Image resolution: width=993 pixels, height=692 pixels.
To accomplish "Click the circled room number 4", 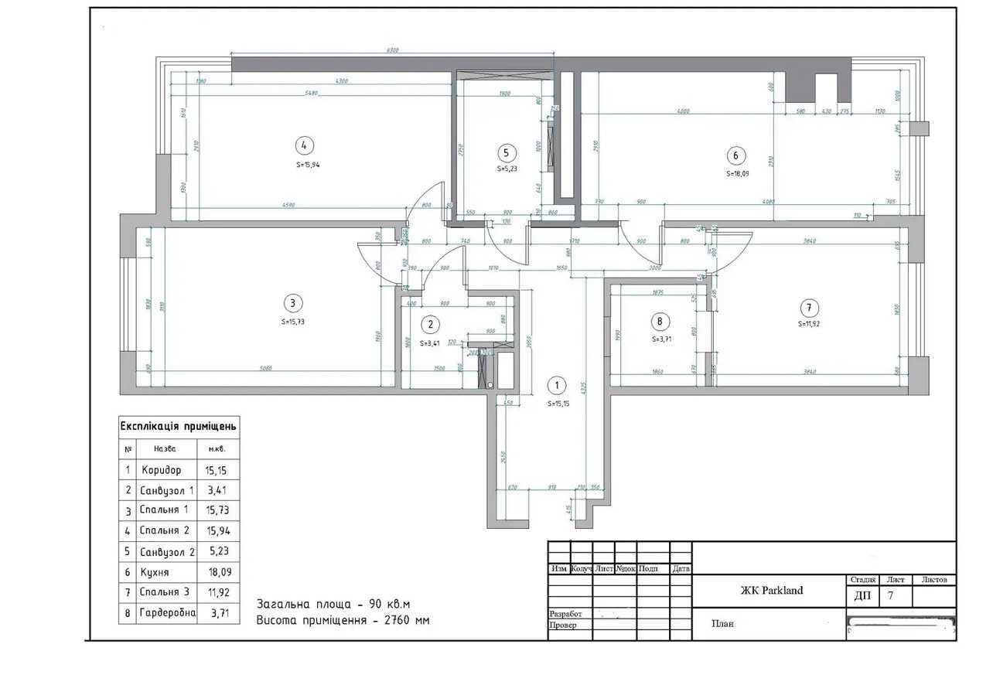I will coord(304,145).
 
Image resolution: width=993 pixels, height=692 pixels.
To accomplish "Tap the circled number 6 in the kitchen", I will coord(735,155).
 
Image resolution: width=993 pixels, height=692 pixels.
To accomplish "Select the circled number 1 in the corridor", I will coord(555,385).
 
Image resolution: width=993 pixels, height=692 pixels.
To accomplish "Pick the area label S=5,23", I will coord(507,169).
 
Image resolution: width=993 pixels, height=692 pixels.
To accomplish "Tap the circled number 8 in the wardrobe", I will coord(659,321).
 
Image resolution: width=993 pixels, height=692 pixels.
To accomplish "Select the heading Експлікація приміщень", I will coord(178,426).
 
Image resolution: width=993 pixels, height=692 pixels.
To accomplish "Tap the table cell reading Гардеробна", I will coord(166,613).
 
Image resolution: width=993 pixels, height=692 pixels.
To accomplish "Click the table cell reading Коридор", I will coord(162,469).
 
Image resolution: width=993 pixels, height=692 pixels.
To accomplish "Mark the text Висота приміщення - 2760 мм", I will coord(343,620).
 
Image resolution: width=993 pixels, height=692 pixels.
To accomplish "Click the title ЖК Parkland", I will coord(771,591).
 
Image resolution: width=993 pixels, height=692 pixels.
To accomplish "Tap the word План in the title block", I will coord(722,624).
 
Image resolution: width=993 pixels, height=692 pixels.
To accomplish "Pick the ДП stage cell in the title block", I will coord(862,595).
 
